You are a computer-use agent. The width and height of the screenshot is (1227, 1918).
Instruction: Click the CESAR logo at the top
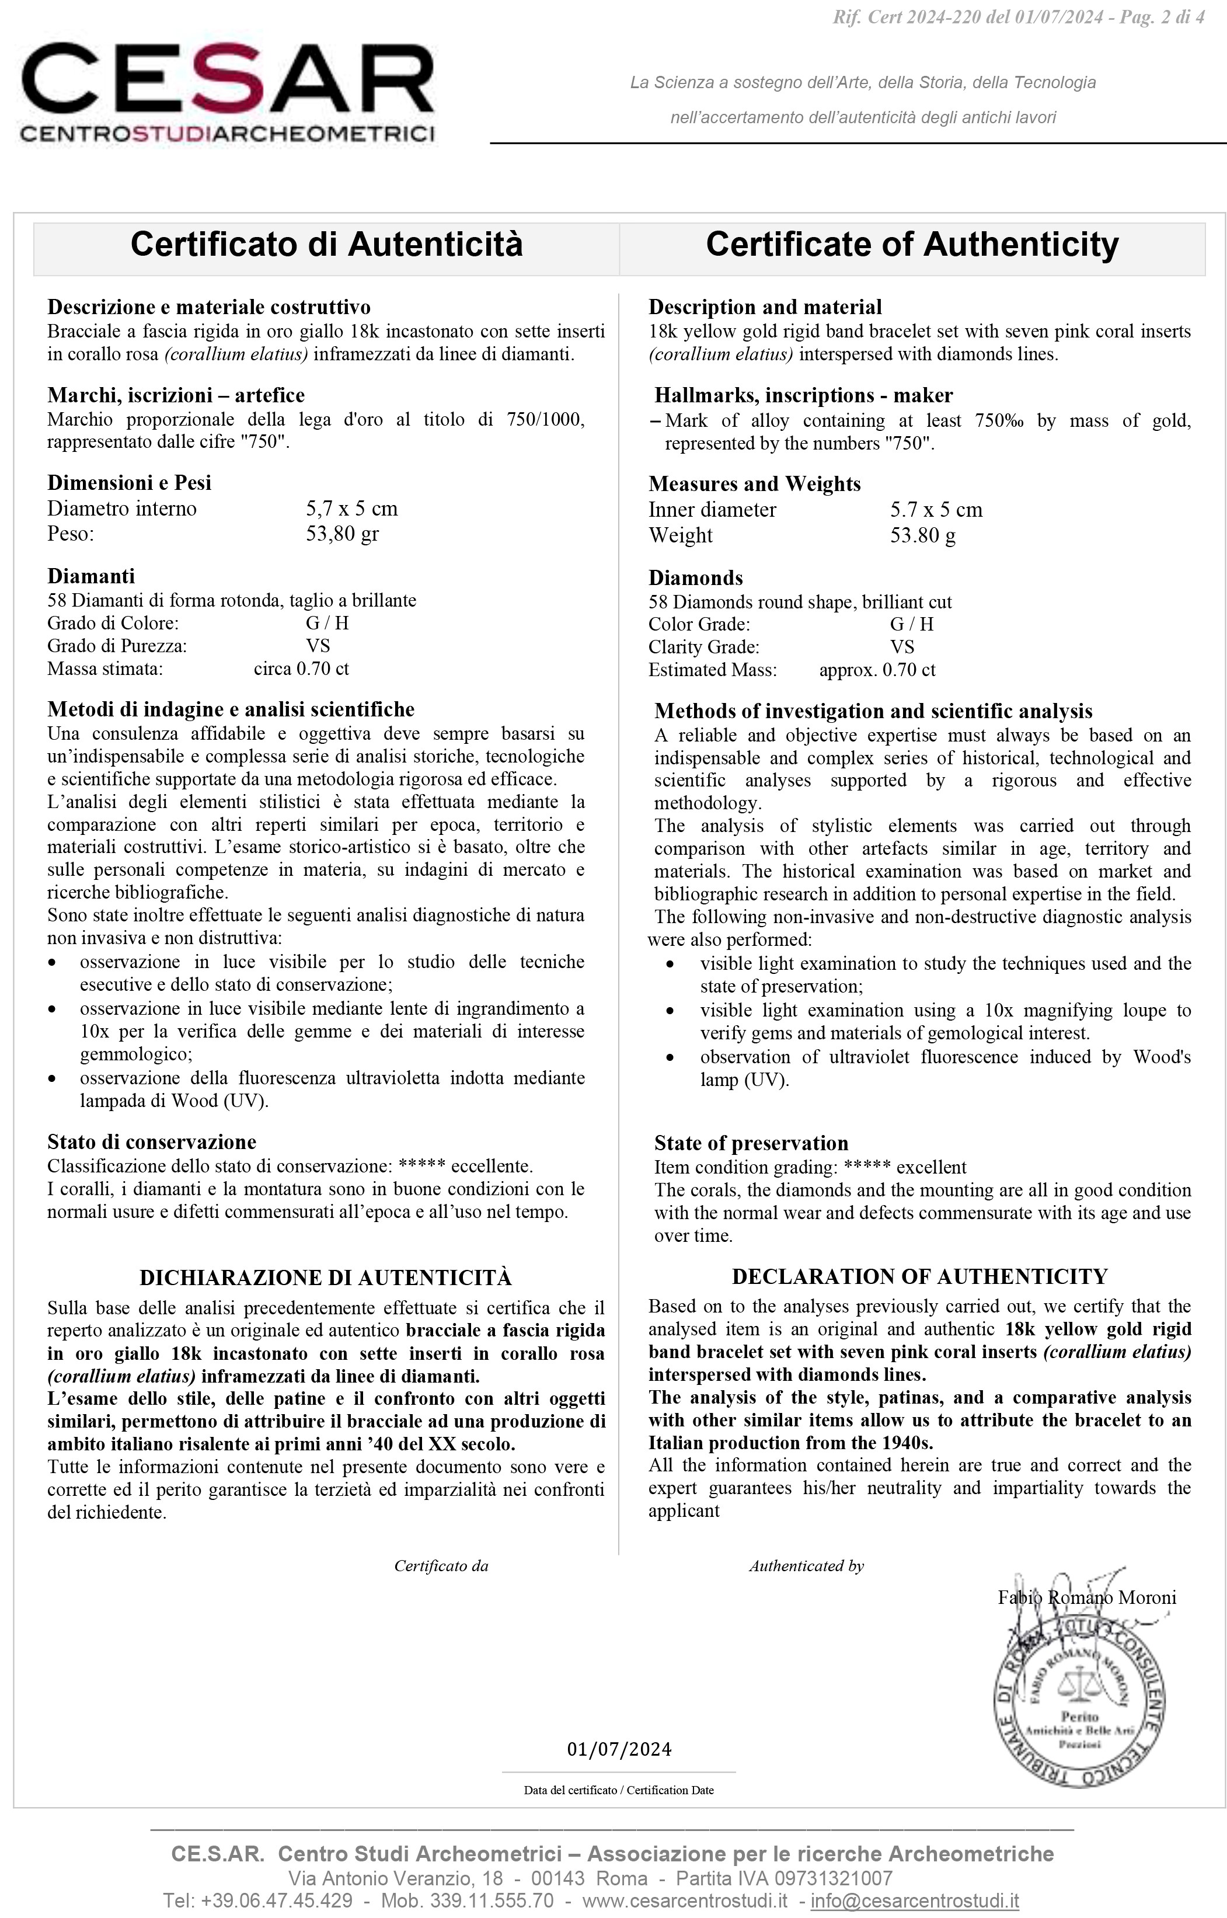click(x=227, y=92)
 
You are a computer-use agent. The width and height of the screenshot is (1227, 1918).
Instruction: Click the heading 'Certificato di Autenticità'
click(x=327, y=244)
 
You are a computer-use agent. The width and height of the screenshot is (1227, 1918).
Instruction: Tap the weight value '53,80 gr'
click(x=342, y=533)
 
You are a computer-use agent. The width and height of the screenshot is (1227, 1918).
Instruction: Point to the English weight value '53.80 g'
click(x=923, y=535)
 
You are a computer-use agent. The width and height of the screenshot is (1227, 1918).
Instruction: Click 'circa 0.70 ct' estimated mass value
click(x=301, y=669)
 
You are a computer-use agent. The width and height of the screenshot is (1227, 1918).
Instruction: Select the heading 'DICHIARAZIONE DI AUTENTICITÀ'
click(x=325, y=1277)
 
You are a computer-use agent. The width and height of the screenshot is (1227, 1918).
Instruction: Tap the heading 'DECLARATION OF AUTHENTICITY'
click(x=919, y=1276)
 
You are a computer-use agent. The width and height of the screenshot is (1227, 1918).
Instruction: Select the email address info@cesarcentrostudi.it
click(x=915, y=1900)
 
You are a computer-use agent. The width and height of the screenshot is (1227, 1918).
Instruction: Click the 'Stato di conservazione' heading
click(x=151, y=1142)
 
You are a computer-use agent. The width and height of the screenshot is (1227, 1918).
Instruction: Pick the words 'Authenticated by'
click(x=806, y=1566)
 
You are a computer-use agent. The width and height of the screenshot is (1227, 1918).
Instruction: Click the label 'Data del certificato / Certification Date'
click(x=619, y=1790)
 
